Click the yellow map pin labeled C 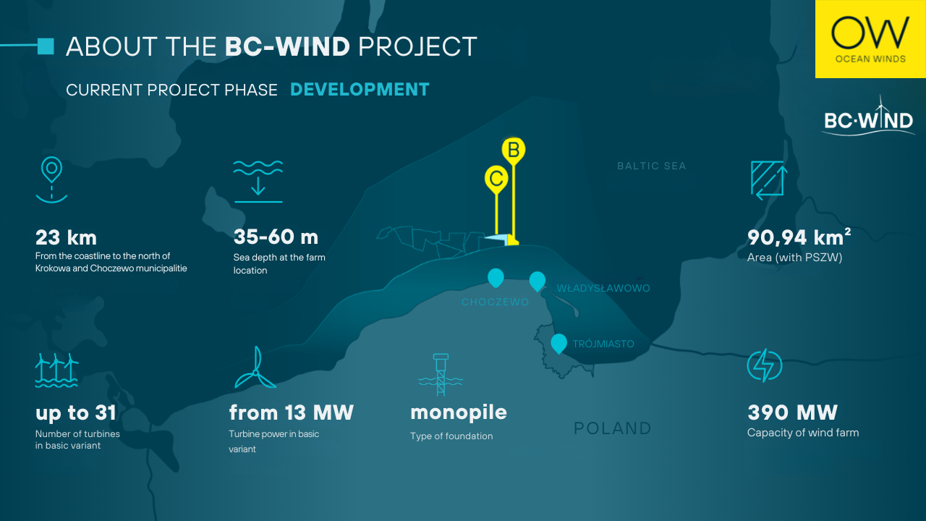496,179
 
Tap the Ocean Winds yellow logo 870,39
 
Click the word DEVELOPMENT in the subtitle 360,89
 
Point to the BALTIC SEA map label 652,166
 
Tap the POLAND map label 613,428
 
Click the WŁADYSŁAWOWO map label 603,288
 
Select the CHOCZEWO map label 496,302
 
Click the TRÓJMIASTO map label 603,344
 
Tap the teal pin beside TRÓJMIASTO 558,344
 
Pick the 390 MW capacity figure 792,412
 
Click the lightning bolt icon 765,365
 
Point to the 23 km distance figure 66,237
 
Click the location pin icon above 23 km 51,180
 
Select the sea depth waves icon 258,182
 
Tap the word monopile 459,412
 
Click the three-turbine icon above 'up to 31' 56,370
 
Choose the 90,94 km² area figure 799,237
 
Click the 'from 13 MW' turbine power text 292,412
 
